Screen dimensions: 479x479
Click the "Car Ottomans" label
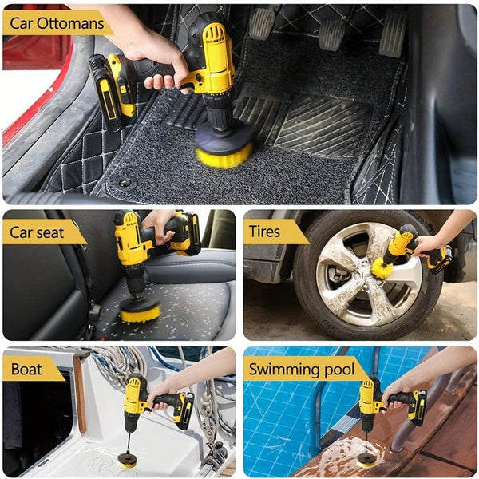56,23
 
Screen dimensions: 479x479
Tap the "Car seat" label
40,232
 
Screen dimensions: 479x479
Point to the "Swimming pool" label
299,369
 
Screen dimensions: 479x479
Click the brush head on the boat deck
126,459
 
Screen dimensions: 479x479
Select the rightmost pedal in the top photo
391,34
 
